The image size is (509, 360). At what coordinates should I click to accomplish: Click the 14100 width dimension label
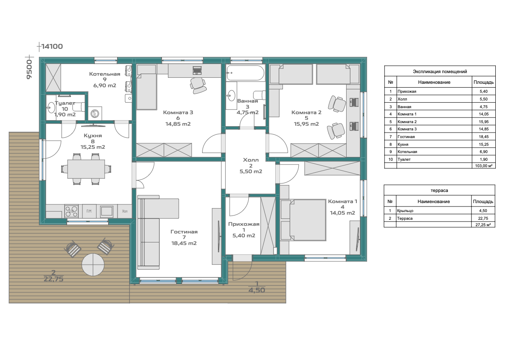(52, 47)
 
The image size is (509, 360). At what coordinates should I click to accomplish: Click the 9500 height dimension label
(29, 68)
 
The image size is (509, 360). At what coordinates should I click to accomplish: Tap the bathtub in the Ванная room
(245, 73)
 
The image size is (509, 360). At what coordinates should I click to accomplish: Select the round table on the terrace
(93, 265)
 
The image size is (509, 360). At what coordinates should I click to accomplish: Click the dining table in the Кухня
(86, 169)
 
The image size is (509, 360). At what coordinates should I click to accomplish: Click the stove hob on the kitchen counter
(72, 211)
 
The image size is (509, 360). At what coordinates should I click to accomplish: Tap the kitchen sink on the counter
(106, 211)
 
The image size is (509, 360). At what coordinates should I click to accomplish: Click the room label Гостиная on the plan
(184, 232)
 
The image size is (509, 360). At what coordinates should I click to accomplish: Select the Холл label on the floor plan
(251, 160)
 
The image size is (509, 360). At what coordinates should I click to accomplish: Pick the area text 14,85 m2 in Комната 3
(178, 124)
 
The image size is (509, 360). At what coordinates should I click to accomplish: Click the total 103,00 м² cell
(484, 166)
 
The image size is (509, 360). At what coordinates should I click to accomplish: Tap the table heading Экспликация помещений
(440, 71)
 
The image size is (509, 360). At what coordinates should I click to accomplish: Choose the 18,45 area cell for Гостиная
(484, 137)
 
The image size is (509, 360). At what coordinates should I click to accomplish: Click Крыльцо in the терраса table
(406, 211)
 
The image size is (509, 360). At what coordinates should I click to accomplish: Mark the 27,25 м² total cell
(483, 224)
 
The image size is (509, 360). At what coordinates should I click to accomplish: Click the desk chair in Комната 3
(198, 85)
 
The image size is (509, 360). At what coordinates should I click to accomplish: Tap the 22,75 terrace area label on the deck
(53, 279)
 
